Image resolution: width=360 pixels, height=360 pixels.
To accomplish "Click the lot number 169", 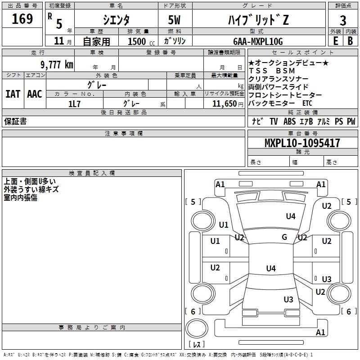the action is click(x=22, y=19).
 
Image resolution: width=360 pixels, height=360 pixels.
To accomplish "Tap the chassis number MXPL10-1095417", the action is click(x=302, y=143).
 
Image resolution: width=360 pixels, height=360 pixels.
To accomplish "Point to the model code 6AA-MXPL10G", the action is click(x=258, y=41).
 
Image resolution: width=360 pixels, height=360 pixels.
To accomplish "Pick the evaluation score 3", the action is click(x=343, y=20).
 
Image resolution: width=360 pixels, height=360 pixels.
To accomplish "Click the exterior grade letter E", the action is click(x=335, y=41).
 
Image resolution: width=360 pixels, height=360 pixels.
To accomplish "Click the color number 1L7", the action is click(x=74, y=103).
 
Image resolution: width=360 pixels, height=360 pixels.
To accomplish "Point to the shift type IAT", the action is click(x=13, y=94).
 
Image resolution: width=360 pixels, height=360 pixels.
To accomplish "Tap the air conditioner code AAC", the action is click(x=35, y=94).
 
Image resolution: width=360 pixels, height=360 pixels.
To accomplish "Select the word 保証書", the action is click(x=15, y=121).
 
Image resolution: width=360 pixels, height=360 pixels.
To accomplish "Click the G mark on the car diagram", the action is click(x=284, y=237).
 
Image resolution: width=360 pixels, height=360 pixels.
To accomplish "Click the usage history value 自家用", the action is click(x=96, y=41).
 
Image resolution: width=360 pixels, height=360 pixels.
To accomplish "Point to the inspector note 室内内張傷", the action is click(x=21, y=198).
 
